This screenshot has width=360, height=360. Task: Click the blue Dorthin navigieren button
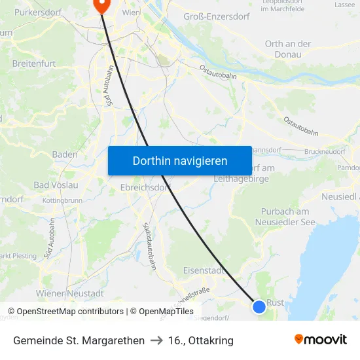[x=179, y=160]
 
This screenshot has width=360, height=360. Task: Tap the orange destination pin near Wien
[x=101, y=6]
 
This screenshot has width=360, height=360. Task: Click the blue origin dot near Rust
[x=259, y=306]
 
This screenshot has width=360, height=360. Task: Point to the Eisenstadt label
[x=204, y=270]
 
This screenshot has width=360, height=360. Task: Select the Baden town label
[x=64, y=154]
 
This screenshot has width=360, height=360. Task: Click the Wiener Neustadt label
[x=70, y=293]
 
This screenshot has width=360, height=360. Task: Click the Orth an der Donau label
[x=288, y=49]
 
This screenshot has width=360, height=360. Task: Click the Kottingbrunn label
[x=62, y=200]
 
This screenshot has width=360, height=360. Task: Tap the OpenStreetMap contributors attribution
[x=65, y=312]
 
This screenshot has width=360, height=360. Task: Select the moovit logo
[x=320, y=340]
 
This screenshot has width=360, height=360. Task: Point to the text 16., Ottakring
[x=200, y=340]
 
